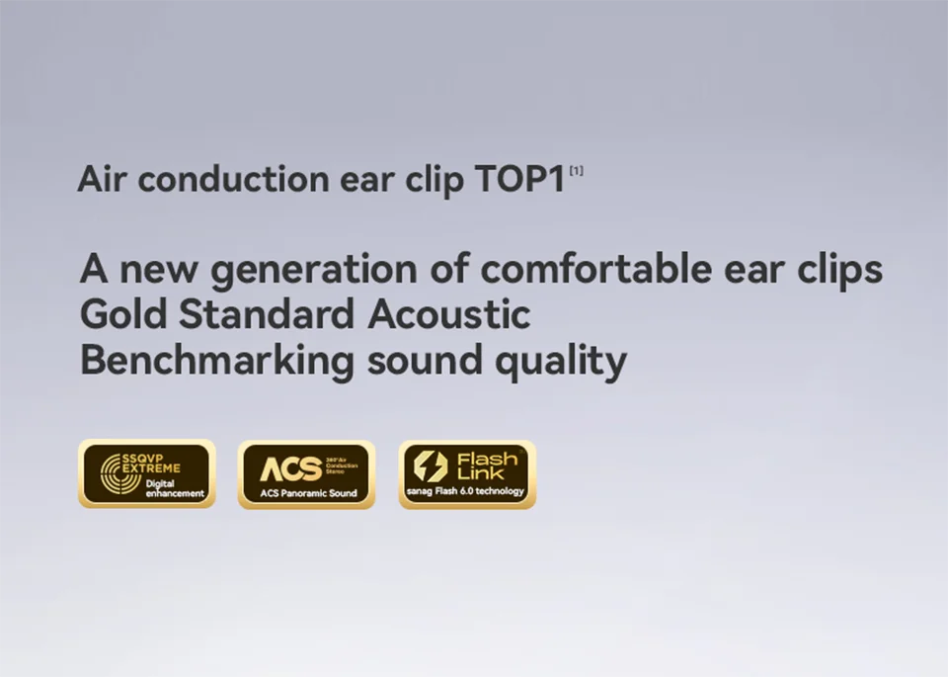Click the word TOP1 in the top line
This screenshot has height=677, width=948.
click(519, 180)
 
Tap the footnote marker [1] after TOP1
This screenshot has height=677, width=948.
click(576, 171)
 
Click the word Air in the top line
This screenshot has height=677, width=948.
click(102, 180)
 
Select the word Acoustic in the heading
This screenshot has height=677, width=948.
click(449, 314)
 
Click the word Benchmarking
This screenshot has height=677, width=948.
click(216, 361)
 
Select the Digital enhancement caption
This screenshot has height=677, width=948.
click(174, 488)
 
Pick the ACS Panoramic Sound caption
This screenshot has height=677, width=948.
click(307, 492)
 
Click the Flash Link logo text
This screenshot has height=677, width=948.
click(487, 465)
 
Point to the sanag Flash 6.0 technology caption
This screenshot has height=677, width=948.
click(467, 491)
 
